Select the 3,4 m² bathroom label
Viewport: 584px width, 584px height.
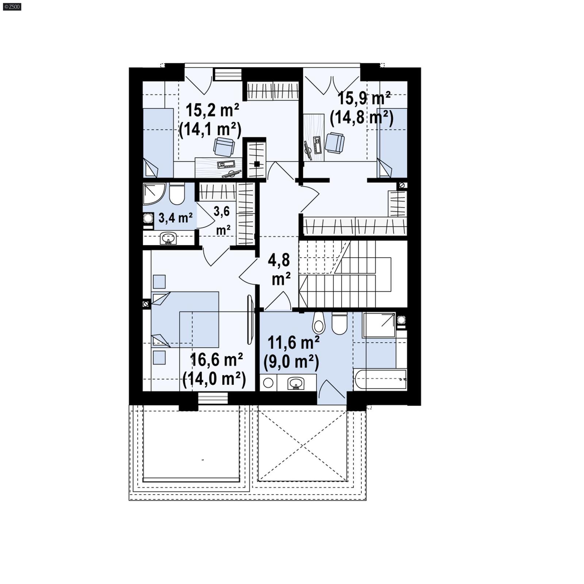[x=175, y=218]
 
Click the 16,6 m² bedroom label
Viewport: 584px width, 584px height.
[x=216, y=360]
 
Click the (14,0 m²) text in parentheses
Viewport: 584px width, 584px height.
[x=214, y=379]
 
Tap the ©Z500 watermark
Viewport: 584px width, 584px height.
[x=12, y=6]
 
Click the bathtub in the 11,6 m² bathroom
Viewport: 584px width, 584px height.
[x=380, y=379]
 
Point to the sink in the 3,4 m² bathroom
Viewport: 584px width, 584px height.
[x=168, y=238]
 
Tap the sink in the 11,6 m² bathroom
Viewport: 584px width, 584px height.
[x=296, y=383]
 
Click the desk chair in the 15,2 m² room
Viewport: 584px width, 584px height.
[x=223, y=147]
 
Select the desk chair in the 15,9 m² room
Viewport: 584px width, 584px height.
[x=334, y=142]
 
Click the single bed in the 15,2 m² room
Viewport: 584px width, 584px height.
[x=158, y=142]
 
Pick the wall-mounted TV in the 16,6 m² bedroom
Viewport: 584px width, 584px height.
[x=250, y=319]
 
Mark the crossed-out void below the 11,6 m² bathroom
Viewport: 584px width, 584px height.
[x=302, y=446]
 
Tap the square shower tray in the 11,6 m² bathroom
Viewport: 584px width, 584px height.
[x=379, y=325]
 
